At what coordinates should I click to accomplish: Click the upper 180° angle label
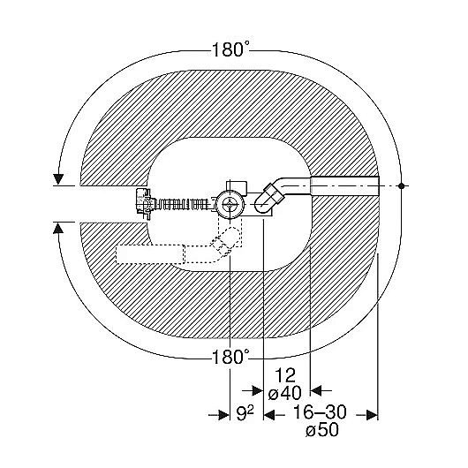click(230, 49)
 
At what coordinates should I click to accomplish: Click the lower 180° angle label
click(230, 357)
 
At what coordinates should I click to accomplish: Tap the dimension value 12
click(285, 375)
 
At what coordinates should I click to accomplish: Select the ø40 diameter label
click(285, 393)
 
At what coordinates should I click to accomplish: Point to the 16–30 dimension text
click(320, 411)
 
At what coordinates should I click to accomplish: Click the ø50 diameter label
click(322, 430)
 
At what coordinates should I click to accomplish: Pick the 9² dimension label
click(245, 413)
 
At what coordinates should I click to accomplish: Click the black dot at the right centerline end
click(402, 186)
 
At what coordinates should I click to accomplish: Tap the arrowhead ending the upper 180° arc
click(58, 179)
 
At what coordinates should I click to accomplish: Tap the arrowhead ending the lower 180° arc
click(58, 229)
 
